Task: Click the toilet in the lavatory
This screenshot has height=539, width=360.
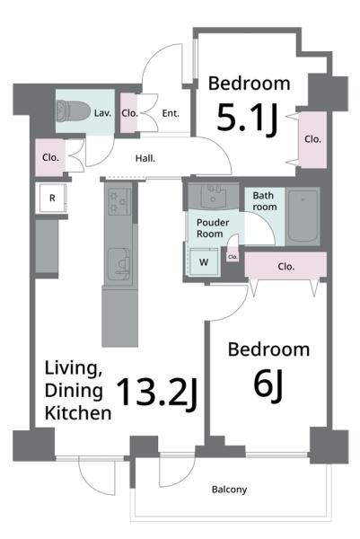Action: point(73,110)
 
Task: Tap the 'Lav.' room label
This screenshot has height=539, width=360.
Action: point(102,113)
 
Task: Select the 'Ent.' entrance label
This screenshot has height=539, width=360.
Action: point(171,113)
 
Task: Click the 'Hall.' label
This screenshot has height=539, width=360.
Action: point(145,158)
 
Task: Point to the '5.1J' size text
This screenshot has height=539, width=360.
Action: point(247,119)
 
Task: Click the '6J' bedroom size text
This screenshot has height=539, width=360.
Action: point(268,384)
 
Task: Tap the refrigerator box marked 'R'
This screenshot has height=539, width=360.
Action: point(53,199)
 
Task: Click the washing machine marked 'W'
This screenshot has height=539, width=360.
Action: point(204,262)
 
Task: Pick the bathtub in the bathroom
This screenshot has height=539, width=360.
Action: point(303,216)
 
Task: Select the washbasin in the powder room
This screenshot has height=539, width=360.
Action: point(214,196)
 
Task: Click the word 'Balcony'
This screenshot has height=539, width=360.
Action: point(229,490)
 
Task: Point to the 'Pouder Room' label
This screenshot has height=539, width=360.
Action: point(213,228)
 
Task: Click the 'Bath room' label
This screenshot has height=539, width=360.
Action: point(265,201)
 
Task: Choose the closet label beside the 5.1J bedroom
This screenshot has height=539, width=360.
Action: point(312,139)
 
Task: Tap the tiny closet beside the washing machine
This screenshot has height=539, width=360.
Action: point(233,256)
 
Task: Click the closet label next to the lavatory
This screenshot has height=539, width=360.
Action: point(129,113)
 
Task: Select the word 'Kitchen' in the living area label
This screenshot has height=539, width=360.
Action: point(78,413)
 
